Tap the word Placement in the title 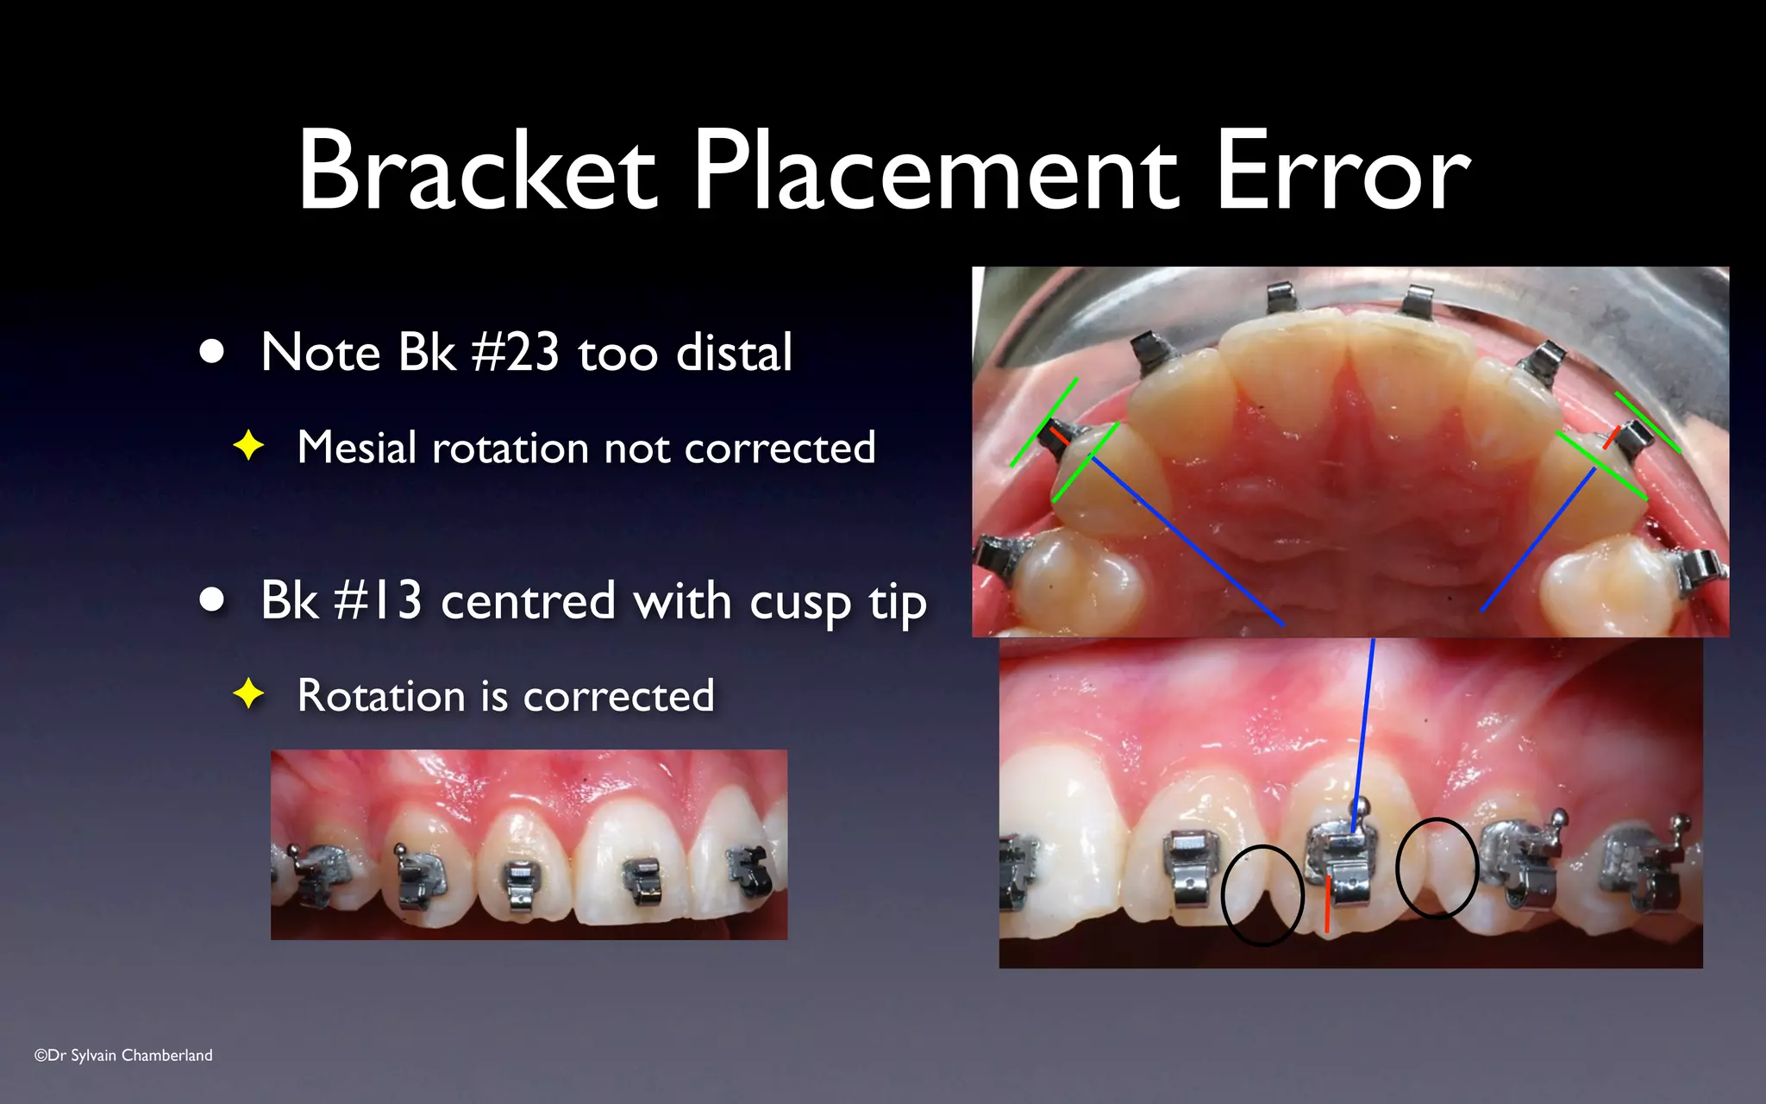936,170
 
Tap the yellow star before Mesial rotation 248,446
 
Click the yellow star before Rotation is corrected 248,693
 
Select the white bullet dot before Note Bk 211,352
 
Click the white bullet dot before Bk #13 211,599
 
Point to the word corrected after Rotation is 618,695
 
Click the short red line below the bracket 1327,904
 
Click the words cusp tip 837,601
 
